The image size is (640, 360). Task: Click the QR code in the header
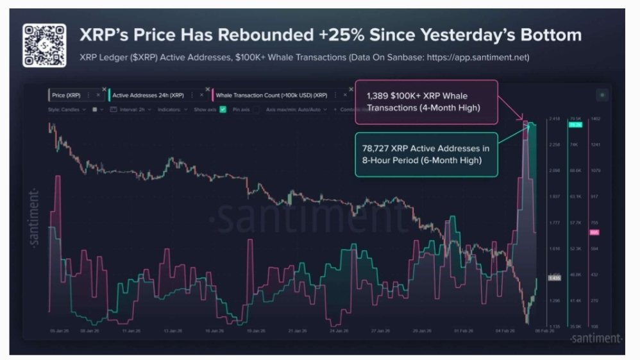click(x=44, y=45)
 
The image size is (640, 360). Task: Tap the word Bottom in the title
click(x=546, y=35)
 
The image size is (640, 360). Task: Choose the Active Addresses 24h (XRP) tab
click(x=147, y=95)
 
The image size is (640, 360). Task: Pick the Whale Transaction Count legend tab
click(x=271, y=95)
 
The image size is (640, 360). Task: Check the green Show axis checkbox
click(x=223, y=110)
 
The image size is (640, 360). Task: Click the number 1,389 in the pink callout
click(x=378, y=96)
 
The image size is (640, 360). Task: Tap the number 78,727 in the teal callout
click(x=379, y=148)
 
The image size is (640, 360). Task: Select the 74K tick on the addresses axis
click(x=574, y=144)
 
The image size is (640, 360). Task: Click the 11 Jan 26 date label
click(x=131, y=331)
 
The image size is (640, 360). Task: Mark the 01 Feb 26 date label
click(x=463, y=331)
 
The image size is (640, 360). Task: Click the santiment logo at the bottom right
click(x=596, y=338)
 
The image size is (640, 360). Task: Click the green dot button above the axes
click(x=602, y=95)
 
